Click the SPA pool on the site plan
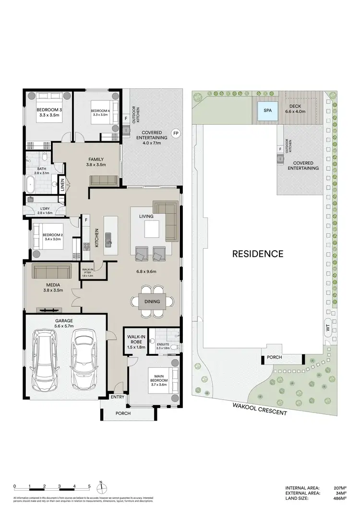(x=267, y=111)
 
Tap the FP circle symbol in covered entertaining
(x=176, y=133)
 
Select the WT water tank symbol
(x=328, y=328)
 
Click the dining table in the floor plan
(x=152, y=302)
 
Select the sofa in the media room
(x=52, y=271)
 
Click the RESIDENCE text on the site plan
(x=258, y=254)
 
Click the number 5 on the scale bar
(x=89, y=485)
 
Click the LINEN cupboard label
(x=62, y=185)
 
